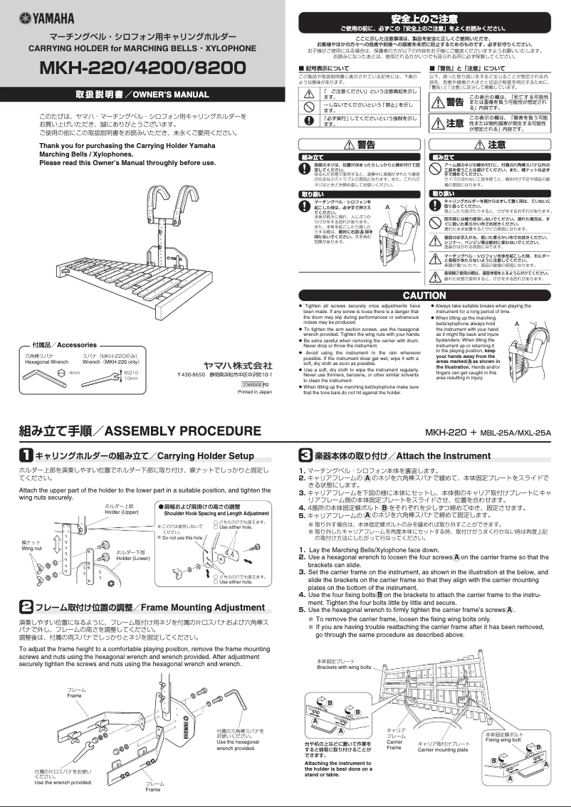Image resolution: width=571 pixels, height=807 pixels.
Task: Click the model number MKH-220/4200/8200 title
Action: point(142,68)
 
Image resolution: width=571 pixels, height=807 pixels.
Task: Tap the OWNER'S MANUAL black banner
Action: point(142,94)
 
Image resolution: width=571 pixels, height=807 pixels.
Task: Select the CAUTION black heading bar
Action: point(424,295)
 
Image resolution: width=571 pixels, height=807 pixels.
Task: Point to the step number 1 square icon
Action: point(25,455)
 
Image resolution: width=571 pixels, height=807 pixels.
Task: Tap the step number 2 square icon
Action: point(25,607)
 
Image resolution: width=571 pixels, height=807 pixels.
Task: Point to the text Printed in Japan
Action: point(255,391)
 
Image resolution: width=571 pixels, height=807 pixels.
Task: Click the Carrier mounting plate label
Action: point(442,749)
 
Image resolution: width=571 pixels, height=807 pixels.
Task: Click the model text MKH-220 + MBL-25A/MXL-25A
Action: point(488,432)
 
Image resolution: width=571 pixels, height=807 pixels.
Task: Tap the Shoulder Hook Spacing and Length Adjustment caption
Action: point(216,513)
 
